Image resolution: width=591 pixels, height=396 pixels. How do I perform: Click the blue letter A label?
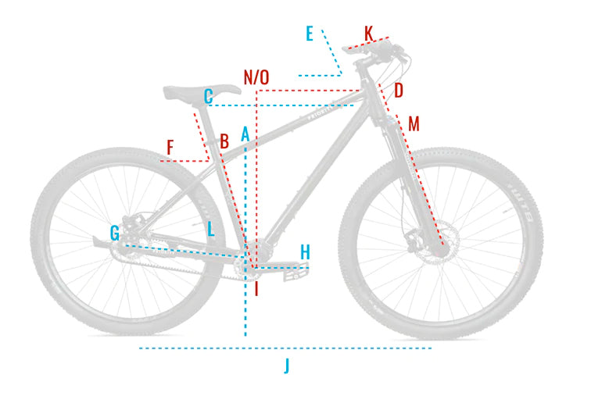point(245,134)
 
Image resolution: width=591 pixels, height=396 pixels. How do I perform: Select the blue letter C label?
point(208,97)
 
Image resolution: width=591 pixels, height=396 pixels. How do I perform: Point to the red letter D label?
point(398,91)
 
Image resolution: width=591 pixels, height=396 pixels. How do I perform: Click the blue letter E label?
point(310,34)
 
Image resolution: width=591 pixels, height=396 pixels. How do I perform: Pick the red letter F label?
point(170,147)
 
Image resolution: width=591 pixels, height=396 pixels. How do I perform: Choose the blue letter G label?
point(115,232)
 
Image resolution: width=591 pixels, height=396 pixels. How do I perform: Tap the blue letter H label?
point(305,252)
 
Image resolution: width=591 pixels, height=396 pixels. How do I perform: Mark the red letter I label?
point(256,289)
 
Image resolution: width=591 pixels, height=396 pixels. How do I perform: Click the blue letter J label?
point(287,365)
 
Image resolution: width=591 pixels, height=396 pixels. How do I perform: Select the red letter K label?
point(369,33)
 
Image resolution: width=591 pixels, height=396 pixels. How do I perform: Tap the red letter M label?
point(414,123)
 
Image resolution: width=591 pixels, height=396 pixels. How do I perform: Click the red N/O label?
point(256,77)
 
